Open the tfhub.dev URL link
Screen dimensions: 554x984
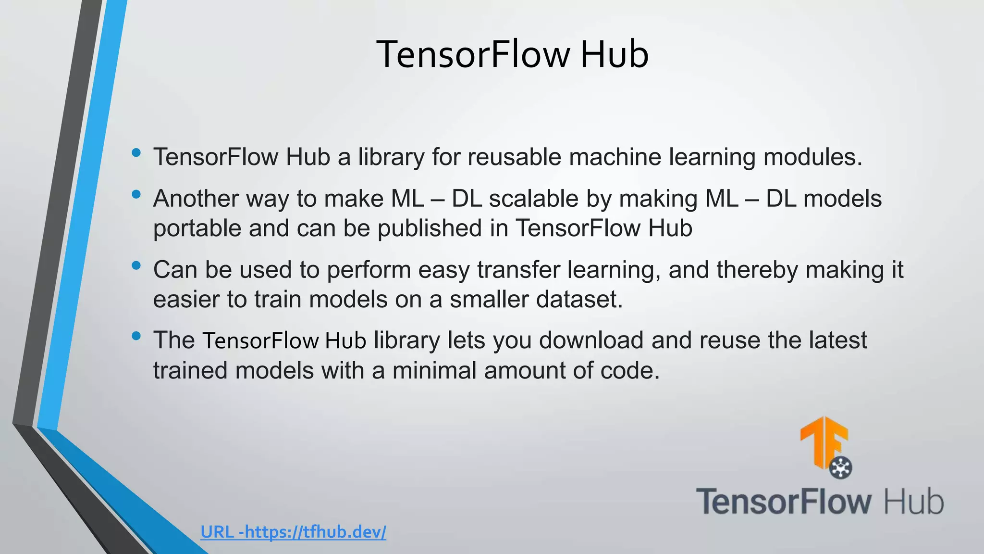coord(293,532)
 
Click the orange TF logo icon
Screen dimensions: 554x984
coord(823,440)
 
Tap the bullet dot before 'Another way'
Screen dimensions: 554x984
coord(136,195)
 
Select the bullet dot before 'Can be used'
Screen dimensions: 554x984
coord(136,265)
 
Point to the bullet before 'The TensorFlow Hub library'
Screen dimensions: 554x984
coord(136,336)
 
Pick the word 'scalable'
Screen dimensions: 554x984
coord(533,199)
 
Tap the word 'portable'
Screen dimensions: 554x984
coord(197,228)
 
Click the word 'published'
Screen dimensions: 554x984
coord(429,228)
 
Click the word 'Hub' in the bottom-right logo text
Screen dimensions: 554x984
coord(914,502)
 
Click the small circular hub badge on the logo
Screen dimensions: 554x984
coord(841,467)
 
